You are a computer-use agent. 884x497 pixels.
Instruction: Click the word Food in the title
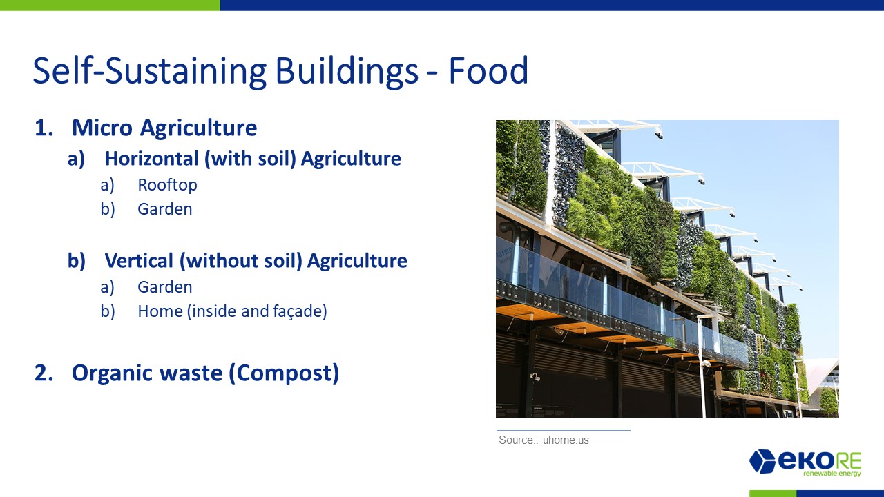click(x=488, y=70)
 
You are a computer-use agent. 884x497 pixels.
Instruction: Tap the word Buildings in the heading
click(x=346, y=72)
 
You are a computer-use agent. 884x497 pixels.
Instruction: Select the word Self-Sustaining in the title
click(x=150, y=72)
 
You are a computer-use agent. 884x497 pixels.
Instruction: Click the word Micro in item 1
click(x=102, y=128)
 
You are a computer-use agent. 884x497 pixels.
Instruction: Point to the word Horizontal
click(x=152, y=159)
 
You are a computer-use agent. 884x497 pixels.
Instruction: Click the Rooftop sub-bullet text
click(x=167, y=185)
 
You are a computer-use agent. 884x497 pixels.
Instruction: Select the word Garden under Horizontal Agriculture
click(x=165, y=209)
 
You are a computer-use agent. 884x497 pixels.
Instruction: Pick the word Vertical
click(x=139, y=261)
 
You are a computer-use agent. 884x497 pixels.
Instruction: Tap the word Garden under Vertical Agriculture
click(x=165, y=287)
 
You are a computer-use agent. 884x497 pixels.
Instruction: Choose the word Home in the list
click(x=160, y=311)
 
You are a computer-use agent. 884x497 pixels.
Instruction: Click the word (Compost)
click(x=284, y=373)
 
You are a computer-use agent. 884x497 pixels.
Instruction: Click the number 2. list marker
click(x=44, y=373)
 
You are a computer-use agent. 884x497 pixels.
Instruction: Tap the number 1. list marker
click(x=44, y=128)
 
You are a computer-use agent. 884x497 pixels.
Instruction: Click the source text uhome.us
click(x=566, y=440)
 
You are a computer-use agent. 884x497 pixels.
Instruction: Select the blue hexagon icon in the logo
click(x=762, y=460)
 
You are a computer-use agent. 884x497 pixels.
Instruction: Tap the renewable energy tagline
click(x=832, y=474)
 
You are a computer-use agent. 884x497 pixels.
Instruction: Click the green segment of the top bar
click(x=110, y=5)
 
